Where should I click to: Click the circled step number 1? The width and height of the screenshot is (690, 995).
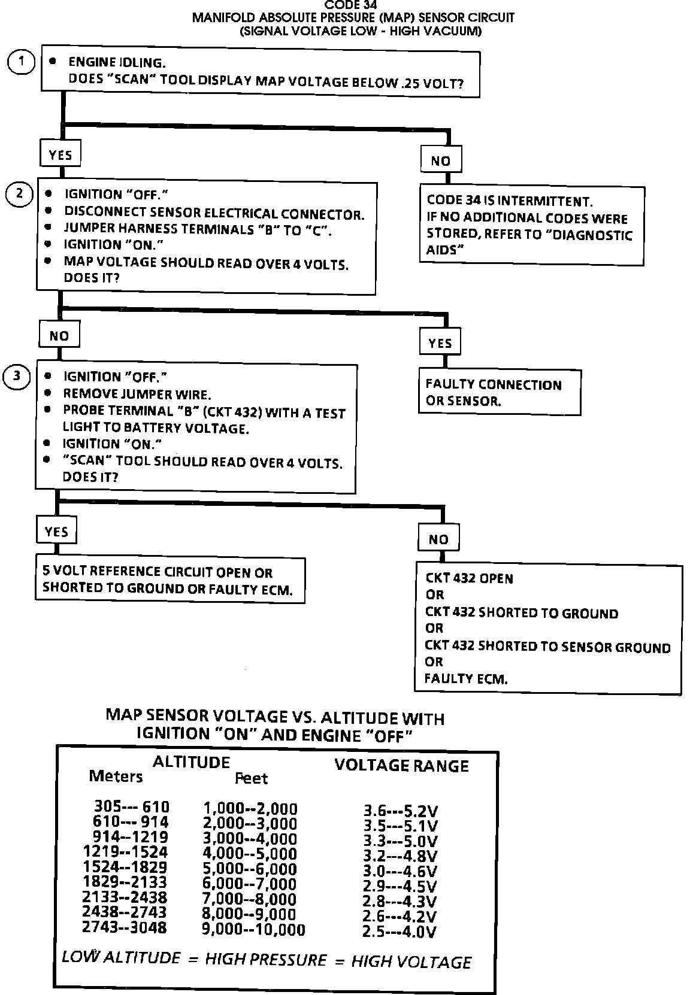[x=22, y=62]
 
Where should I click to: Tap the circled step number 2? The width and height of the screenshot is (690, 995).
[x=19, y=194]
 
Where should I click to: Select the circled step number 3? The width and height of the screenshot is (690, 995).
[x=17, y=376]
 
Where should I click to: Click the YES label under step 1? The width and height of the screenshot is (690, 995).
[x=60, y=154]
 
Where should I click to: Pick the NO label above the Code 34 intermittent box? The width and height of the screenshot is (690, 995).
[x=440, y=160]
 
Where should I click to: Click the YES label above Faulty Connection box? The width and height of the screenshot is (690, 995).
[x=440, y=343]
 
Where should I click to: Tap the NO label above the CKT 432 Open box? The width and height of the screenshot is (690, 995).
[x=438, y=539]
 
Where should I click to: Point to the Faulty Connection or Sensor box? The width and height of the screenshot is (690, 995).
[x=500, y=393]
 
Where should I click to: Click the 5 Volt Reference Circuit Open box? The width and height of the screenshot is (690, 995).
[x=170, y=580]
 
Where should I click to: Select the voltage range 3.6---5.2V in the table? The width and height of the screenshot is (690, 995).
[x=401, y=811]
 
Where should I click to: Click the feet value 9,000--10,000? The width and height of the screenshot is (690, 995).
[x=254, y=930]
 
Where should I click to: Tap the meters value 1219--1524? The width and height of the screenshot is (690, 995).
[x=126, y=852]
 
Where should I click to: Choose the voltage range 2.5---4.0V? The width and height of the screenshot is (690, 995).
[x=400, y=932]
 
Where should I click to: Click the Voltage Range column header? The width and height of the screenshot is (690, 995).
[x=401, y=765]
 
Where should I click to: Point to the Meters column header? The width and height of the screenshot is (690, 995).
[x=116, y=776]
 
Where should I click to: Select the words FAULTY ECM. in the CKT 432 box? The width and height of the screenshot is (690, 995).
[x=466, y=679]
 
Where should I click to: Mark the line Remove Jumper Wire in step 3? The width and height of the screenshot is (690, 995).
[x=137, y=395]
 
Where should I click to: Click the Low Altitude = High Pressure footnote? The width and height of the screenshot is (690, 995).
[x=267, y=961]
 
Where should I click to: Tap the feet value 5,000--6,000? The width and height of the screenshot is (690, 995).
[x=250, y=869]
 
